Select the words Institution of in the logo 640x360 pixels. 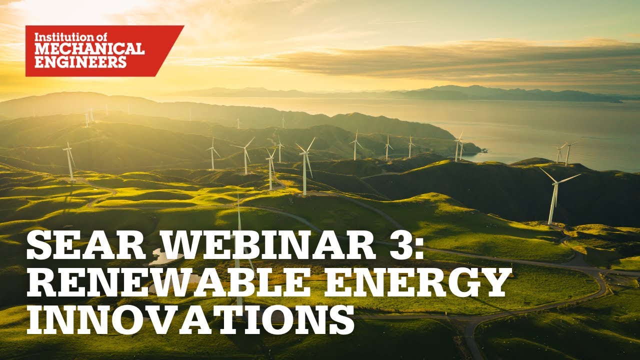pyautogui.click(x=64, y=36)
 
